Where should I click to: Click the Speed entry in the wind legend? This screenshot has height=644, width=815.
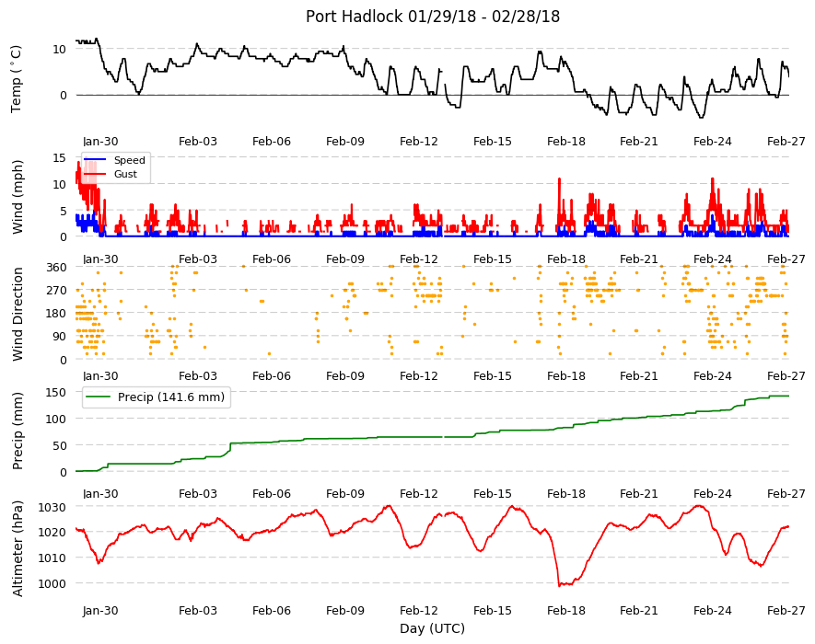130,160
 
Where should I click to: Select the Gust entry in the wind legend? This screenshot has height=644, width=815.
125,174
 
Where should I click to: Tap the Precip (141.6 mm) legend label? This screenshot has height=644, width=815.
171,397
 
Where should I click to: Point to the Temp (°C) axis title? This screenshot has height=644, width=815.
16,79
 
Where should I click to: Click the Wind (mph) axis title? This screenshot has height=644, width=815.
17,198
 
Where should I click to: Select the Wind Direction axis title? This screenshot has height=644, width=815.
17,314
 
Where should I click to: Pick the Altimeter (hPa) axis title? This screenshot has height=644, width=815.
17,548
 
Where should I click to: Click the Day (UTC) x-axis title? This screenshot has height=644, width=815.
432,628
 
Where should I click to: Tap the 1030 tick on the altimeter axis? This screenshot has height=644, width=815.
52,507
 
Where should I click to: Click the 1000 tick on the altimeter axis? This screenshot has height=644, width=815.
52,584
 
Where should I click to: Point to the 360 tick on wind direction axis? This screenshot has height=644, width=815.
57,268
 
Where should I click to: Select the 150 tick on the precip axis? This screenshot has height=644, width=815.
57,393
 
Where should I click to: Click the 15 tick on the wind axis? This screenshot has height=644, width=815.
60,158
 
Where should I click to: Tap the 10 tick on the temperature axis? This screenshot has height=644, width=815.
60,50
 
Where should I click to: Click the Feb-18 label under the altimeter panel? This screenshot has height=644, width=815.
566,611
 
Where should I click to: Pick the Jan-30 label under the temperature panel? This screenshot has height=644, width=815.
100,142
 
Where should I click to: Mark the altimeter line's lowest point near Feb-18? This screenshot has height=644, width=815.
560,586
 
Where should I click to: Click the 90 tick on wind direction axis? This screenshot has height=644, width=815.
60,337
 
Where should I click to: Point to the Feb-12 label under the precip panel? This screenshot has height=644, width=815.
419,494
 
